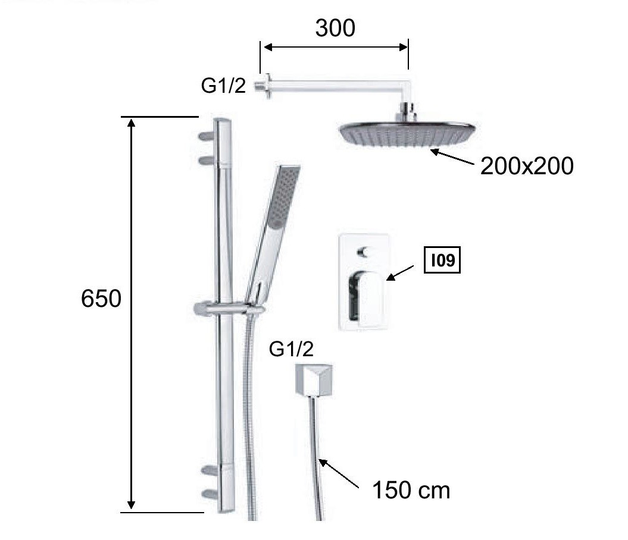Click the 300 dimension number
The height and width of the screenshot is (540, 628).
[x=335, y=28]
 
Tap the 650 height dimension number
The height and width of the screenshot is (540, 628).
[x=101, y=299]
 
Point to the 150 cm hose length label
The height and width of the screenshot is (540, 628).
[x=411, y=490]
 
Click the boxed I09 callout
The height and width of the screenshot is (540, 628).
[x=442, y=260]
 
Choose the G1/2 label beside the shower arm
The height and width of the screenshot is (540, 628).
[x=223, y=86]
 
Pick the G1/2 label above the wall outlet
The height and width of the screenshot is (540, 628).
[x=291, y=349]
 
